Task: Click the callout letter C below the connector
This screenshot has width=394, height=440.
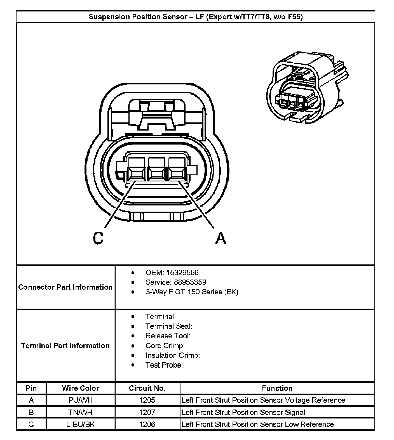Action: (98, 238)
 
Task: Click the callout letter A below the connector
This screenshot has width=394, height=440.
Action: (221, 238)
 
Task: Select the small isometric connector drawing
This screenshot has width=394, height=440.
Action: (307, 87)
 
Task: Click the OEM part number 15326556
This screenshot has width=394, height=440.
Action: (182, 273)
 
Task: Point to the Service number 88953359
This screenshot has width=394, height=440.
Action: (190, 282)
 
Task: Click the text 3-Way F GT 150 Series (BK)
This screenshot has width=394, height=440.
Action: (192, 292)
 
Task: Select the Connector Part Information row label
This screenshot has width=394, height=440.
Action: (65, 287)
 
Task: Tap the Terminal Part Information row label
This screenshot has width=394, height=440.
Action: (65, 346)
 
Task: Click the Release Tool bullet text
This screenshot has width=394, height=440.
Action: (168, 336)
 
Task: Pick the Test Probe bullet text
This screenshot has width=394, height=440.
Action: (164, 365)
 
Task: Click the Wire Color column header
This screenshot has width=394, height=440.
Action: (80, 388)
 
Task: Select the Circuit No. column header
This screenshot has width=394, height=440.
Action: (147, 388)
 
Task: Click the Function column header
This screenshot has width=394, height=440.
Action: (277, 388)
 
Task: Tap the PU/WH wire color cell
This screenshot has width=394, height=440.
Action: (80, 400)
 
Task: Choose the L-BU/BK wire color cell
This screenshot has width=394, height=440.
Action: (80, 424)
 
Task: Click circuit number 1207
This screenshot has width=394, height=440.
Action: (147, 412)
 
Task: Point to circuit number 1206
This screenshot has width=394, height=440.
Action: (147, 424)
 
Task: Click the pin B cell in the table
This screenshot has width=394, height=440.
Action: (31, 412)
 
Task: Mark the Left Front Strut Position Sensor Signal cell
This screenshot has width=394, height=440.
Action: (243, 412)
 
